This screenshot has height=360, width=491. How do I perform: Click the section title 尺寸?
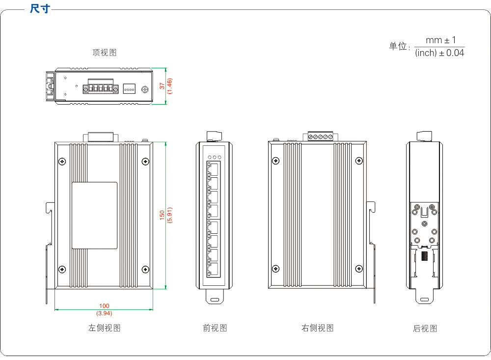click(x=40, y=9)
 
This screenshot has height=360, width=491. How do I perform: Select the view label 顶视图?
click(x=105, y=53)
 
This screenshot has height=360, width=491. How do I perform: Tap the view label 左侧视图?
click(x=104, y=328)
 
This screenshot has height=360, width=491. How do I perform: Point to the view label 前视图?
click(x=215, y=328)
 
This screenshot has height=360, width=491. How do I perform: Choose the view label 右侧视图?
click(x=317, y=328)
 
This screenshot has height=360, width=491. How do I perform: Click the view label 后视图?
click(x=425, y=329)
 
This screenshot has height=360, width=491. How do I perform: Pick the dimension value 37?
click(x=163, y=86)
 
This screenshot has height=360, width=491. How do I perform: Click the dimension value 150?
click(x=162, y=215)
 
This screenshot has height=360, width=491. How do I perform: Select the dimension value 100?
click(x=104, y=306)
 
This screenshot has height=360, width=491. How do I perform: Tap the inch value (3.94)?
click(x=104, y=313)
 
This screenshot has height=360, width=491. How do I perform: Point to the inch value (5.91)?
click(x=169, y=215)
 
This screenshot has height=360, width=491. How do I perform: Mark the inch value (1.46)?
click(x=170, y=86)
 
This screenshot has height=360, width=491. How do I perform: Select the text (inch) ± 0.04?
click(x=439, y=53)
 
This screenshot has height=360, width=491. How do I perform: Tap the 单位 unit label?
click(x=398, y=46)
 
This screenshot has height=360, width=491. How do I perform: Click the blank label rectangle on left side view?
click(x=95, y=216)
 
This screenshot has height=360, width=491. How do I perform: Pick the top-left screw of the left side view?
click(x=62, y=161)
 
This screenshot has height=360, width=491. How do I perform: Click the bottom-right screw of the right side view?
click(x=359, y=269)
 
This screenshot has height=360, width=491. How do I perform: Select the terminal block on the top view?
click(x=101, y=89)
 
